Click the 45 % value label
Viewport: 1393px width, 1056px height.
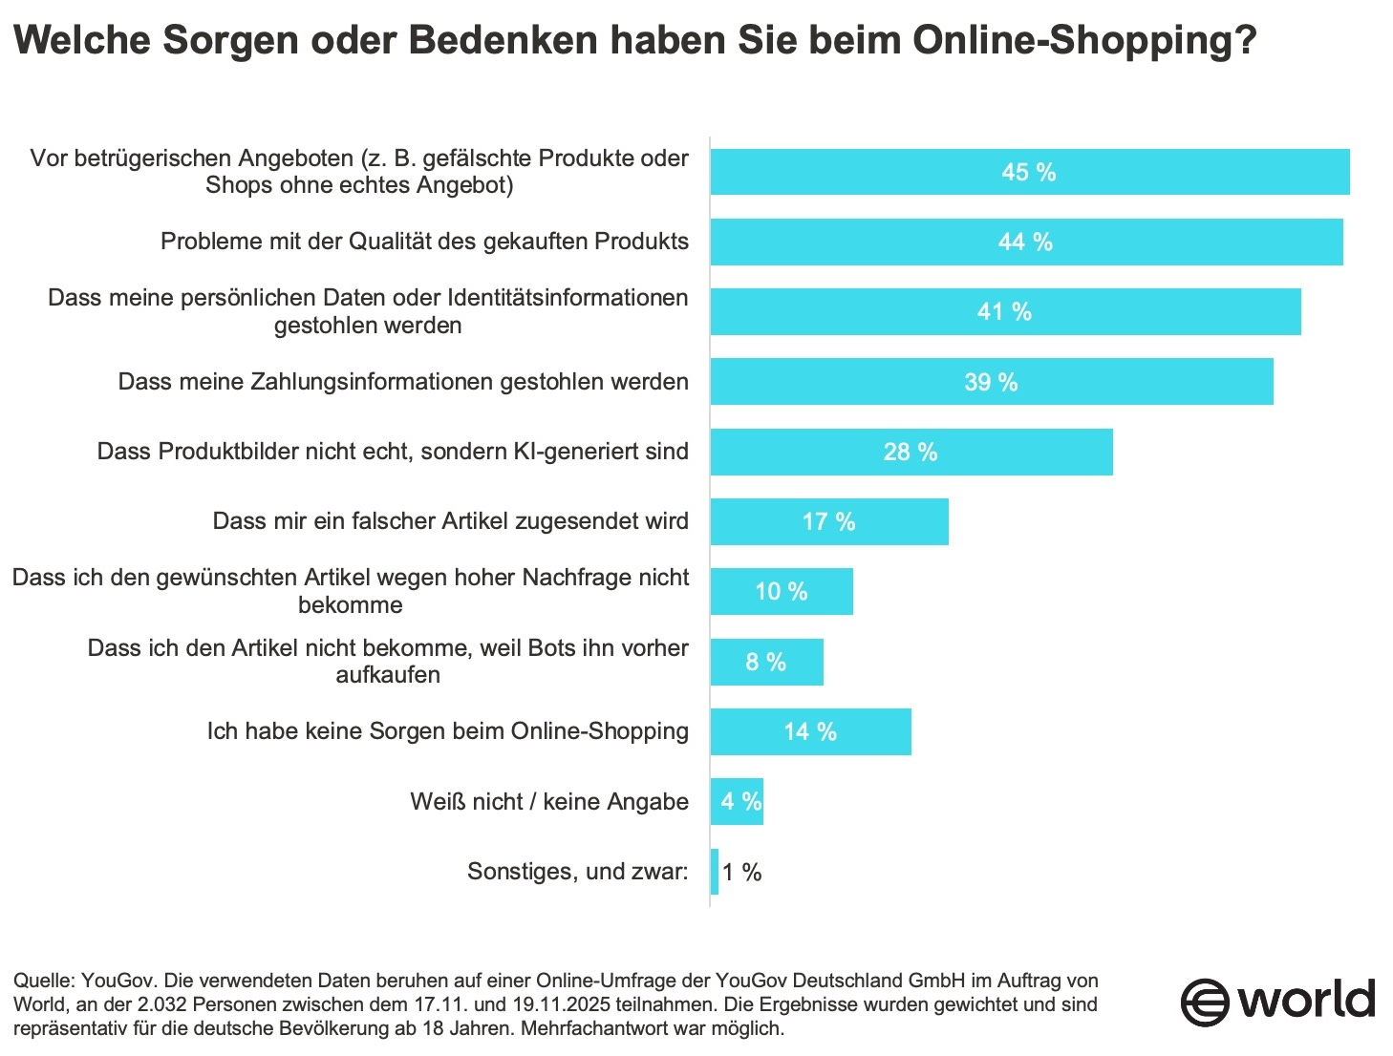1028,173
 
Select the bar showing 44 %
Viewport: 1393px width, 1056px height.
1026,243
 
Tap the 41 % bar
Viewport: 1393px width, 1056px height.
1005,312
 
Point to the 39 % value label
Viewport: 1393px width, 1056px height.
991,383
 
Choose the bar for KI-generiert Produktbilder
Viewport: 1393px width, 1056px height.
911,453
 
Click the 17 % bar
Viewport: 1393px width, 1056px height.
828,522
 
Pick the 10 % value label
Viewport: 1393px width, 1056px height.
782,592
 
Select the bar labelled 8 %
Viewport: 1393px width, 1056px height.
766,663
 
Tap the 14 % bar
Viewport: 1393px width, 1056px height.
810,732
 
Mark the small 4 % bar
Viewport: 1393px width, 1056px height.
737,802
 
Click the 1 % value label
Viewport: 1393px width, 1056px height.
741,873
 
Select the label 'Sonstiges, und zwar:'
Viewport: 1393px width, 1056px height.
577,872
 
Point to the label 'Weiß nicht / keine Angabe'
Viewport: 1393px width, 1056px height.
549,802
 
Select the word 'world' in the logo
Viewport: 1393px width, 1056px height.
1307,1000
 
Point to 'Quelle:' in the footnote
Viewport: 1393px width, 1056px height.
44,981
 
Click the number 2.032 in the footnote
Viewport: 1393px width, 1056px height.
167,1004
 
